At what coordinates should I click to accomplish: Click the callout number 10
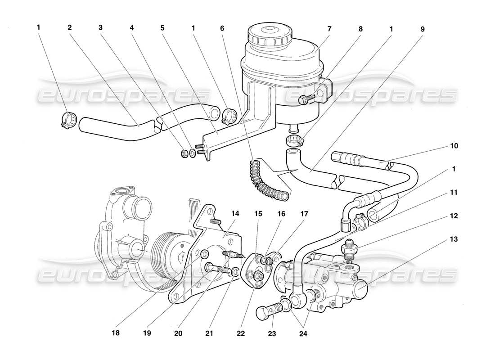[x=454, y=146]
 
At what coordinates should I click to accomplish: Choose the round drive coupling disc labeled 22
[x=257, y=276]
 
